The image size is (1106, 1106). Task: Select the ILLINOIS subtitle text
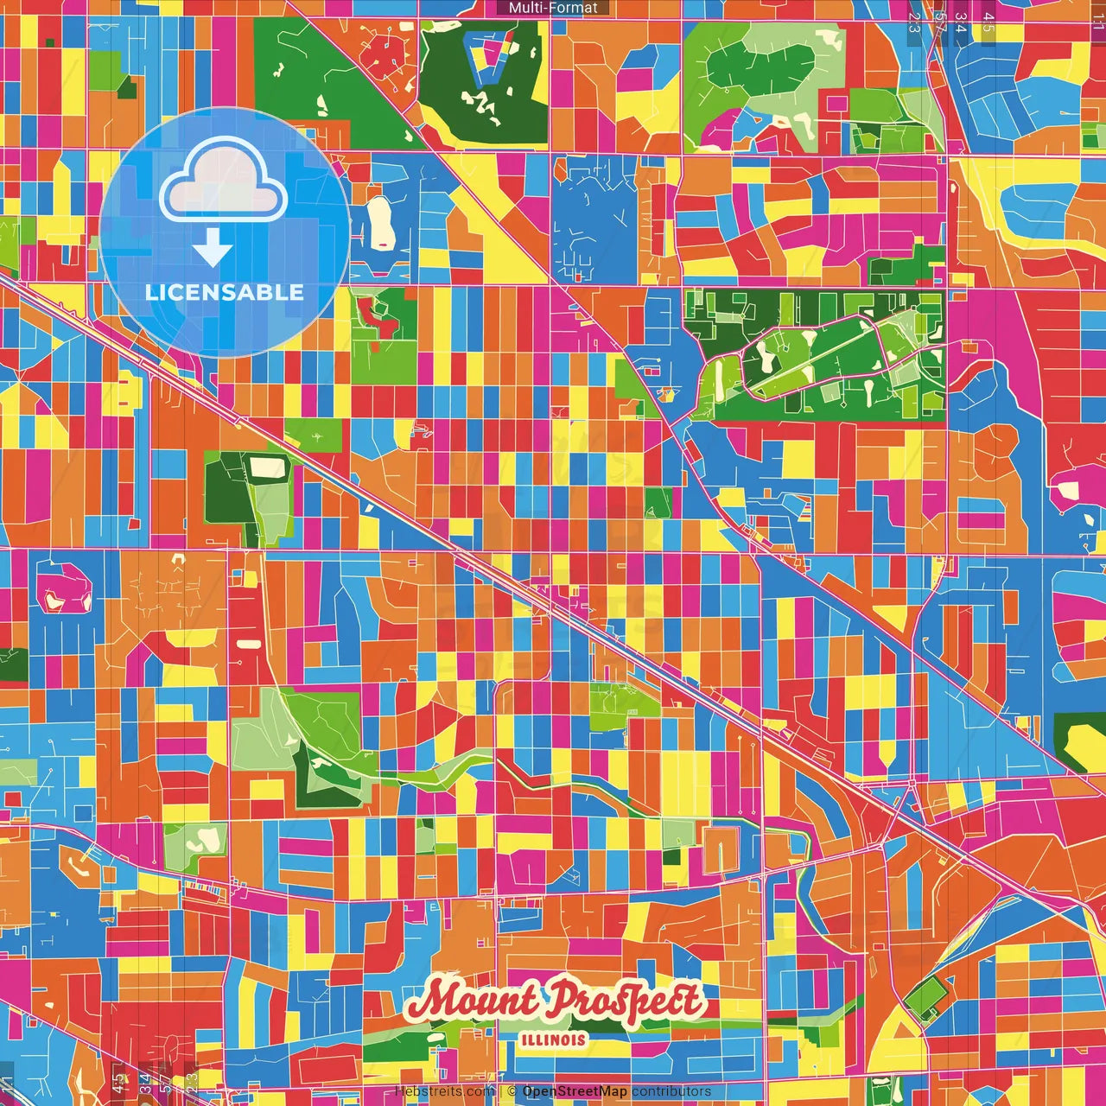554,1039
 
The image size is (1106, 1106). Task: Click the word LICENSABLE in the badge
225,292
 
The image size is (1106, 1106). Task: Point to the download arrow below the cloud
213,247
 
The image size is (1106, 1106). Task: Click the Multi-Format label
553,8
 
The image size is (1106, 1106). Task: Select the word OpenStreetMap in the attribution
575,1091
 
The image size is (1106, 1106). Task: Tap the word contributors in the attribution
671,1091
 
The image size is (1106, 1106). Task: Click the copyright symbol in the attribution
512,1091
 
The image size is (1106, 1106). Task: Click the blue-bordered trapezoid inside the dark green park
488,57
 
